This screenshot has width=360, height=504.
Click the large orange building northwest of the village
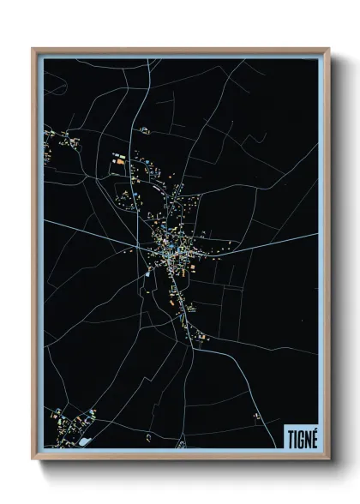pyautogui.click(x=120, y=159)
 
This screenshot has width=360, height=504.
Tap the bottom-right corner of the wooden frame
pyautogui.click(x=328, y=459)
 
